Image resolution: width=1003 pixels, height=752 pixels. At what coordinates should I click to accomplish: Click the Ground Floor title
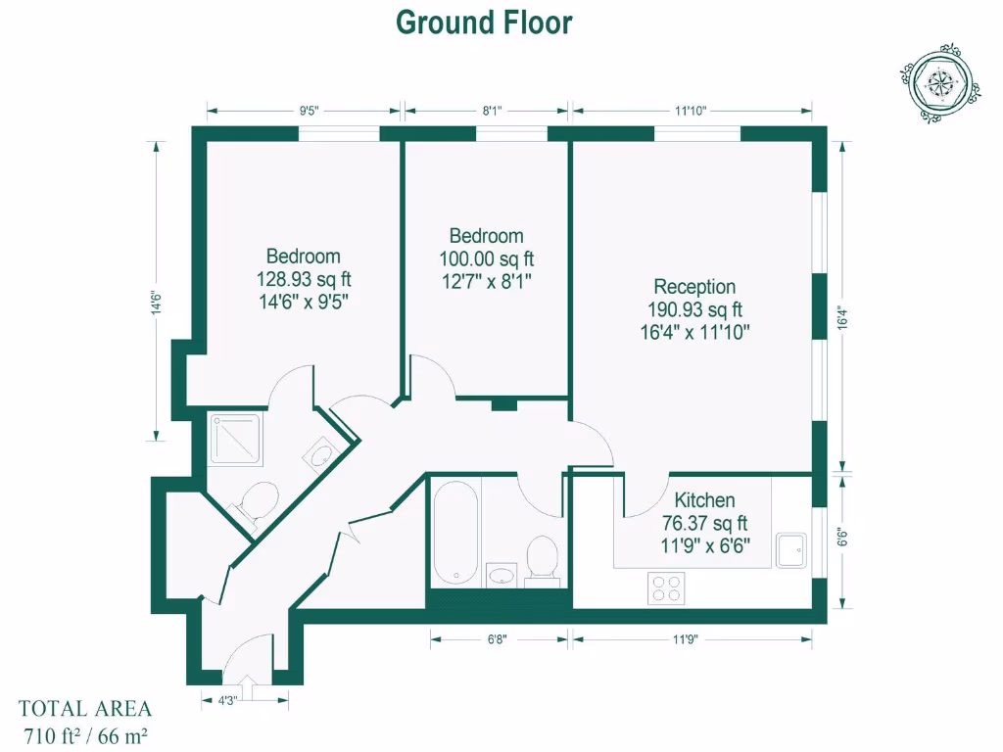484,22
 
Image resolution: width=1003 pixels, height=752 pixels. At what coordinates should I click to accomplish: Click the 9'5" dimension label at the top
310,112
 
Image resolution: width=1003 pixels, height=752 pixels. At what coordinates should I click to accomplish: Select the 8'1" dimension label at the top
493,112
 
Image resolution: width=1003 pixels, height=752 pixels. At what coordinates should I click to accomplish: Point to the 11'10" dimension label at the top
692,112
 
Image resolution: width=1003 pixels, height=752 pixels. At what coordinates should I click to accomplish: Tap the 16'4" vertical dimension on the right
842,322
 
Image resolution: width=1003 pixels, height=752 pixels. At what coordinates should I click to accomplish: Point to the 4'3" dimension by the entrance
227,699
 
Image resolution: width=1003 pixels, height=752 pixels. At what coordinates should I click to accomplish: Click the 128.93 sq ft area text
304,279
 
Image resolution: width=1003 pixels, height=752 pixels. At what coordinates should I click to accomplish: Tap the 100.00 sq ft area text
487,258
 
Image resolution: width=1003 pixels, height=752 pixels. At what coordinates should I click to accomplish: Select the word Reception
694,287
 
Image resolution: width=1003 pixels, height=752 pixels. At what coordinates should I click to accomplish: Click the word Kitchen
704,500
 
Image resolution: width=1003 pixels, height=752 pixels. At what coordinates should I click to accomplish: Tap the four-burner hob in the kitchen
667,588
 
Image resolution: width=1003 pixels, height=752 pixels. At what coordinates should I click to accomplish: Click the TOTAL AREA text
85,709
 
